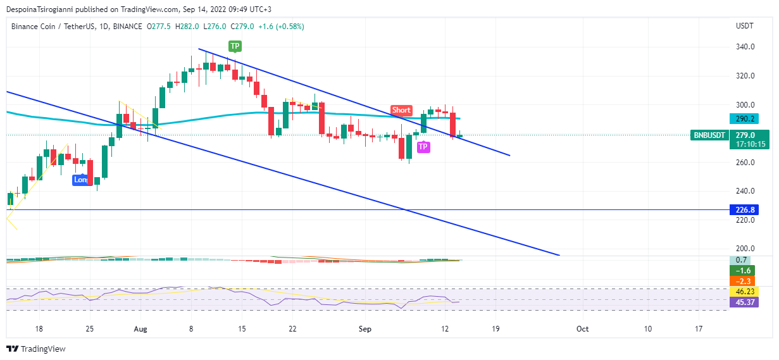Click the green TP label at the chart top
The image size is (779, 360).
click(235, 46)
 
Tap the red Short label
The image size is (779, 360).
click(401, 110)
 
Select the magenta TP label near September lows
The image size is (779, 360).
click(423, 147)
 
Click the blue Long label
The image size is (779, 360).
click(80, 180)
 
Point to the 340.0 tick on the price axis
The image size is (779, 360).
click(745, 47)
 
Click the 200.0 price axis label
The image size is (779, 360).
click(745, 249)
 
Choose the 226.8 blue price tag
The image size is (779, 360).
click(745, 209)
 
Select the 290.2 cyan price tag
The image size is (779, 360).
click(745, 119)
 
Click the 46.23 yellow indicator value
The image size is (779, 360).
click(744, 292)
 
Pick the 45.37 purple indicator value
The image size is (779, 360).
click(744, 302)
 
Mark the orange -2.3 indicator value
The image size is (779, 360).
click(744, 281)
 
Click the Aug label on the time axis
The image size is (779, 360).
click(140, 329)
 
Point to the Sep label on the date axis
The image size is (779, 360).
click(365, 329)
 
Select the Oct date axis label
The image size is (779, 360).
click(582, 329)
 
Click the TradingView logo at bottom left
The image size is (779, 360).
click(36, 349)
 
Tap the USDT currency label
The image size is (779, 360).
click(744, 27)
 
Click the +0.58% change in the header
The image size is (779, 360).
click(288, 27)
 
